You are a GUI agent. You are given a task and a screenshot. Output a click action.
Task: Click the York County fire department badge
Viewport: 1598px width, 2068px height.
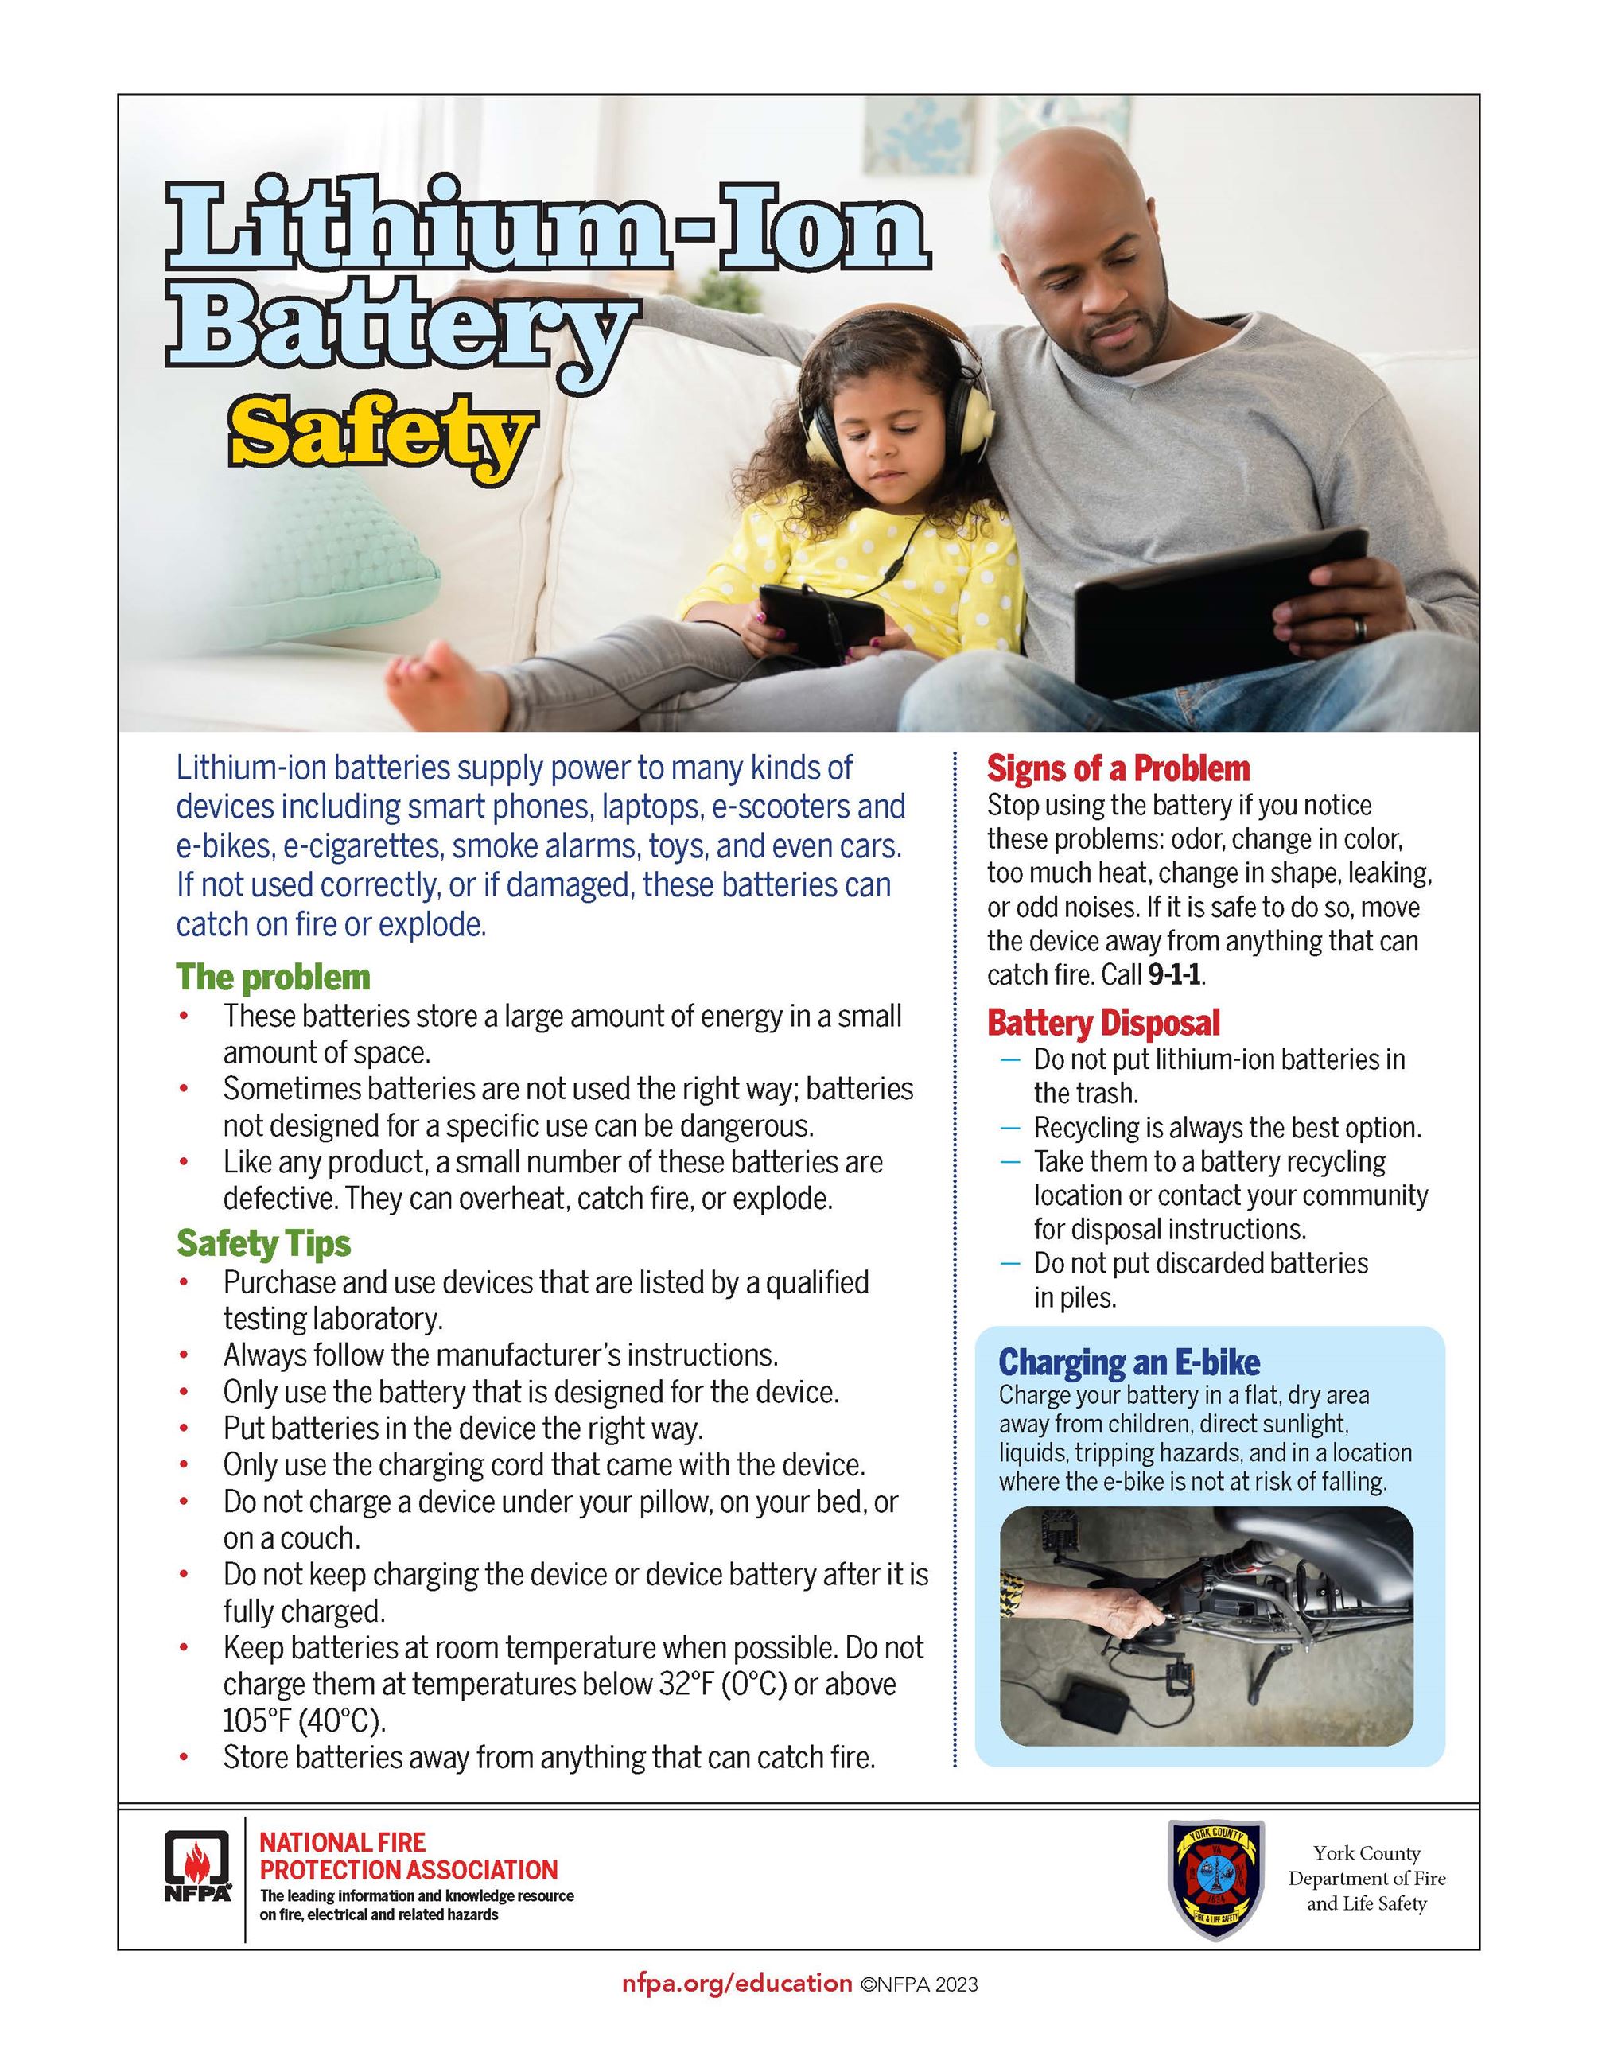(1215, 1879)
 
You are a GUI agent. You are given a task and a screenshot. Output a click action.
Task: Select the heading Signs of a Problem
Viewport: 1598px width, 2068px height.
(1118, 768)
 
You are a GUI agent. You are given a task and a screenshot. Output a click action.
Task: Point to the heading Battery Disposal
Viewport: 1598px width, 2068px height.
(1103, 1023)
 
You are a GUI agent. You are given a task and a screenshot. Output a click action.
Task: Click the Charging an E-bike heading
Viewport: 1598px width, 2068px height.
(1129, 1362)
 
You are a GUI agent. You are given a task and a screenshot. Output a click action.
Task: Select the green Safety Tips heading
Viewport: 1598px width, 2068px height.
(263, 1243)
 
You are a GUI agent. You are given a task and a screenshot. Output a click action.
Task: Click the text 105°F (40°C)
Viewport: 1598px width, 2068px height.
(304, 1720)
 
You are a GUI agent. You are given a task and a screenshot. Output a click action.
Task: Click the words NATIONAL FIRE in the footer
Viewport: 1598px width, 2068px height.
(343, 1843)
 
